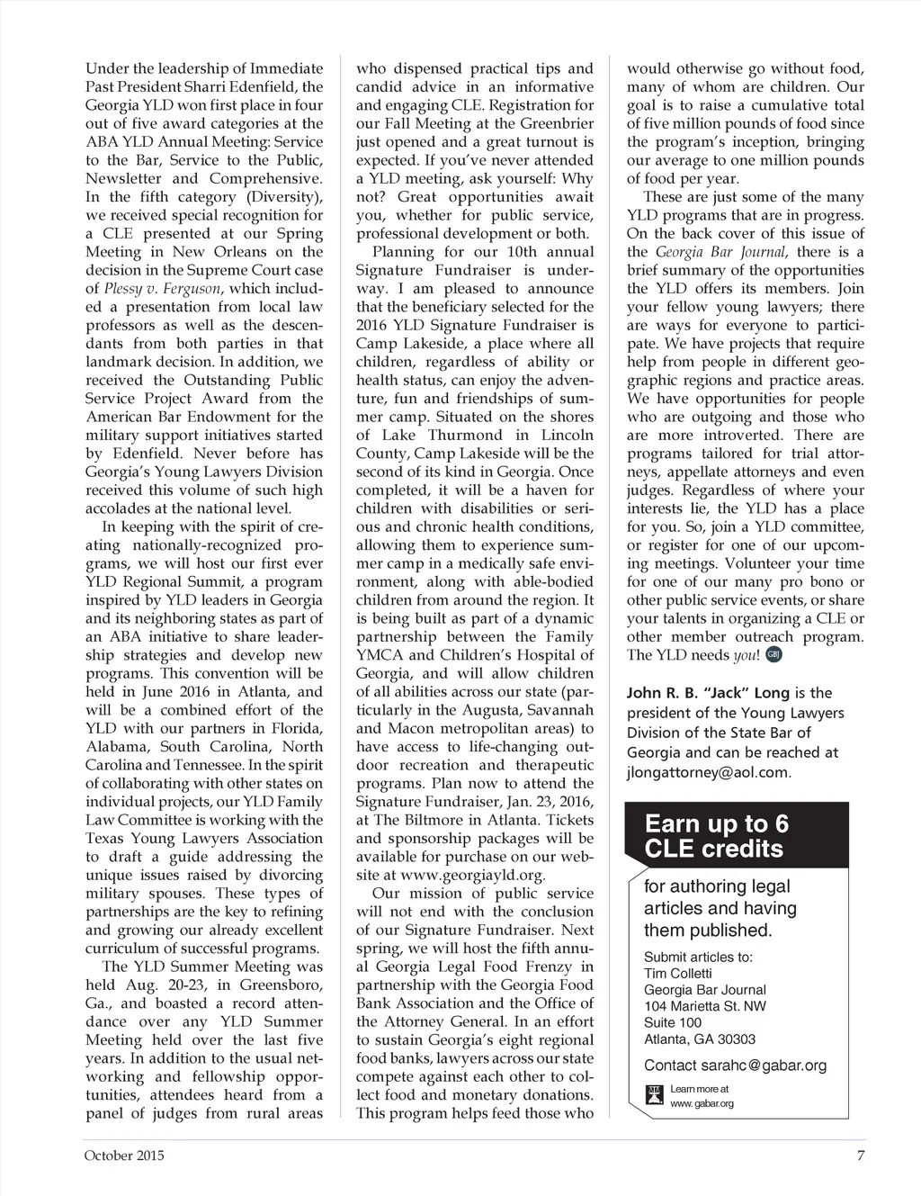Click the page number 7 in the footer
[861, 1156]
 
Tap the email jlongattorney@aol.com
[709, 772]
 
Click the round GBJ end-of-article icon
[774, 654]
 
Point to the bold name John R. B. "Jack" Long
[708, 693]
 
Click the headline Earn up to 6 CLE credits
[716, 836]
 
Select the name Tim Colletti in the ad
[678, 973]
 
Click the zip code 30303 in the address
[736, 1039]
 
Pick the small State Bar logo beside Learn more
[654, 1096]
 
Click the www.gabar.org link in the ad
[702, 1103]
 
